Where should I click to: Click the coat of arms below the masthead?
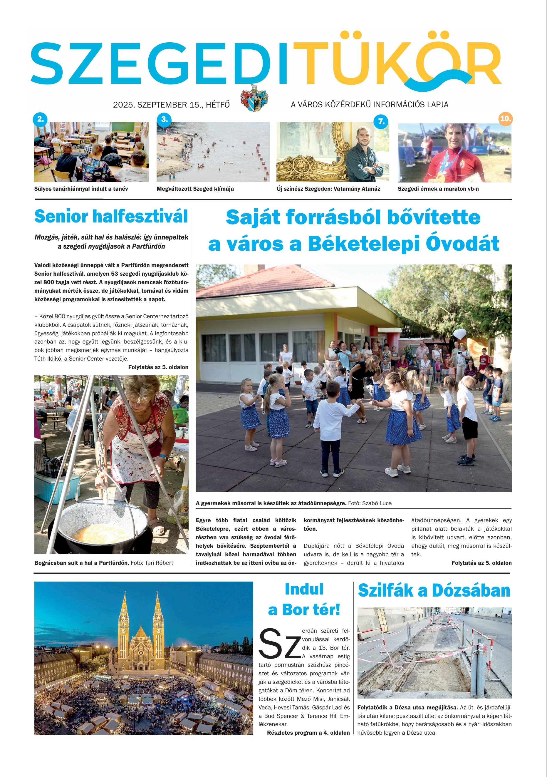point(254,98)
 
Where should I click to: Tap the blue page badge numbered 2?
point(40,119)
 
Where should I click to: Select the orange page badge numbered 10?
point(505,119)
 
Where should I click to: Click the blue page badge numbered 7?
point(381,121)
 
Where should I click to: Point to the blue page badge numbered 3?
point(165,119)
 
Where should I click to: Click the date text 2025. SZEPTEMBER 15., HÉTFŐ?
point(171,105)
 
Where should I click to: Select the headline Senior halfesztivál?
point(111,217)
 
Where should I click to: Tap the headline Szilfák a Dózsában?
point(434,590)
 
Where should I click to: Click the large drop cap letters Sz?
point(279,644)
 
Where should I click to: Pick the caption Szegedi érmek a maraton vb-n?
point(438,189)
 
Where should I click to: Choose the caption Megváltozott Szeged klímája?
point(195,189)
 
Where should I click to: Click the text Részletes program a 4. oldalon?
point(308,733)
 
